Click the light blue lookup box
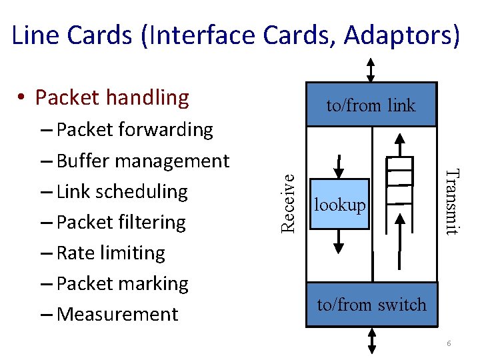pyautogui.click(x=339, y=204)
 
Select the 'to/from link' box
pyautogui.click(x=371, y=105)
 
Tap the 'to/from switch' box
pyautogui.click(x=371, y=305)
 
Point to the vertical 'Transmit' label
pyautogui.click(x=451, y=202)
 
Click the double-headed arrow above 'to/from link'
pyautogui.click(x=371, y=70)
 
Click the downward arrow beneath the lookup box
pyautogui.click(x=339, y=241)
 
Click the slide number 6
pyautogui.click(x=449, y=343)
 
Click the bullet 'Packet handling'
pyautogui.click(x=111, y=97)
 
